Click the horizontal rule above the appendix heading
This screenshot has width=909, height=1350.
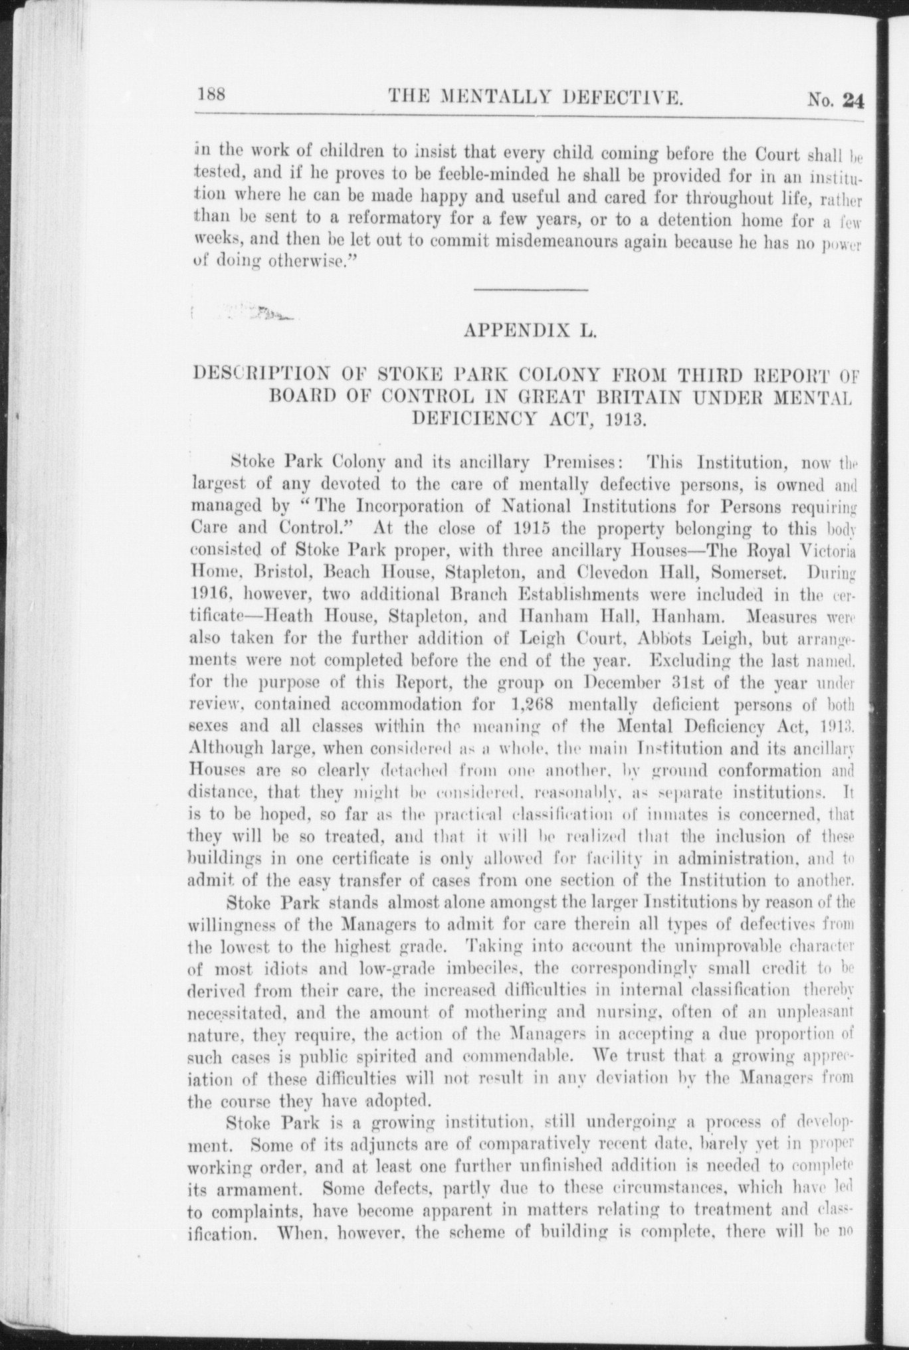point(531,290)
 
